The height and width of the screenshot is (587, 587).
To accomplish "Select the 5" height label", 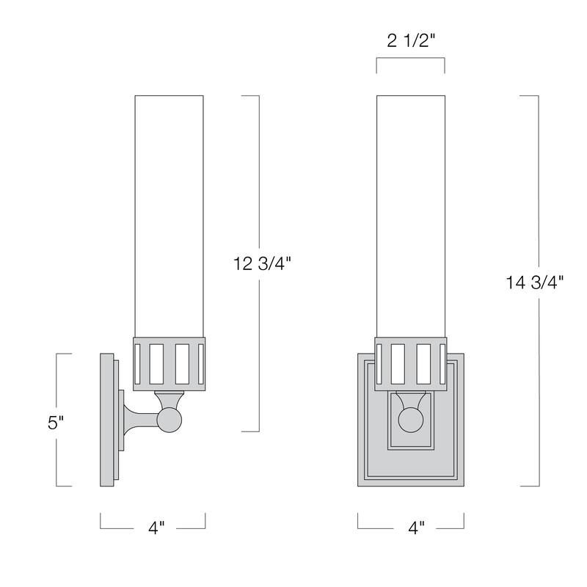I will coord(56,423).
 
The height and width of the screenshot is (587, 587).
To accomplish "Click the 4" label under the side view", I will coord(156,527).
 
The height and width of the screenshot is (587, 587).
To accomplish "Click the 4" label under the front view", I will coord(416,527).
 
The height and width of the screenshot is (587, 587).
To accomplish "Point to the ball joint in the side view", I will coord(169,420).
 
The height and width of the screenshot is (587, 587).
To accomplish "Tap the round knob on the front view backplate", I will coord(410,421).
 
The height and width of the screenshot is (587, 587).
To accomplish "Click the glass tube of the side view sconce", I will coord(169,213).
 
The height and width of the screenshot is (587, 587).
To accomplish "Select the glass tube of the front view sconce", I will coord(410,213).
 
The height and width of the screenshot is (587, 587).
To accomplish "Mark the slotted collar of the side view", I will coord(169,362).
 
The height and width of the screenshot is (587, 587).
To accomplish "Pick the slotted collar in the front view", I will coord(410,362).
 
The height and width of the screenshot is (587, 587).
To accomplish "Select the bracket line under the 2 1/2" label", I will coord(410,61).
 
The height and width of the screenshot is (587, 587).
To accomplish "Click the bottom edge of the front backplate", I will coord(410,484).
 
